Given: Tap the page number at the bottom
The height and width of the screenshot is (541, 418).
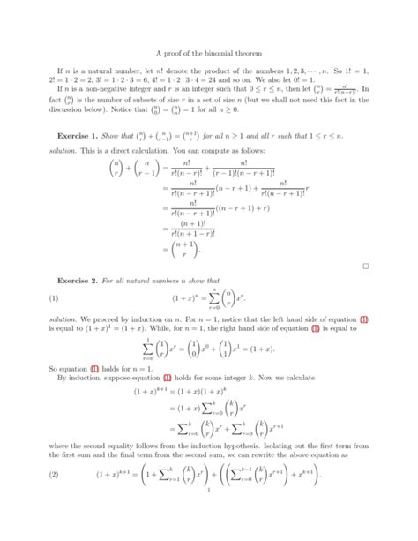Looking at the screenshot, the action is click(x=209, y=528).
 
